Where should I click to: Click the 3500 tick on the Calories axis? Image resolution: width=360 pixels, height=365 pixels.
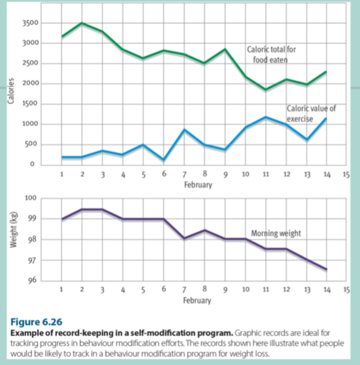[30, 23]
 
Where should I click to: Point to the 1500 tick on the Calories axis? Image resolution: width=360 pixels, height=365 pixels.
[30, 103]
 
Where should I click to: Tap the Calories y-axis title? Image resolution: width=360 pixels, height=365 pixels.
[11, 91]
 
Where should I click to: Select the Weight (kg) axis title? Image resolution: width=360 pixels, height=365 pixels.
[14, 229]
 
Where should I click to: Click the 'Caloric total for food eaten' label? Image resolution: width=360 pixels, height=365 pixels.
[271, 54]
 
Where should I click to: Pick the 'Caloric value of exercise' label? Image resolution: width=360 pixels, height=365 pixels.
[311, 113]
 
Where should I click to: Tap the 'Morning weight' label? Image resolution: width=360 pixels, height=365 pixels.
[276, 233]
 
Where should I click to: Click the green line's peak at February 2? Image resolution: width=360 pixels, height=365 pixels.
[82, 23]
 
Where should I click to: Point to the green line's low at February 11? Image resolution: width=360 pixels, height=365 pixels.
[266, 89]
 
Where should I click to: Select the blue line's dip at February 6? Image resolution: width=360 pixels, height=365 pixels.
[164, 160]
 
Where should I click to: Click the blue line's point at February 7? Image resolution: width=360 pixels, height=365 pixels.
[184, 130]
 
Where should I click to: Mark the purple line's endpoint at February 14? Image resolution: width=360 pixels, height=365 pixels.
[326, 269]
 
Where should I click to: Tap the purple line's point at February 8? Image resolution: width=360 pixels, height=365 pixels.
[205, 230]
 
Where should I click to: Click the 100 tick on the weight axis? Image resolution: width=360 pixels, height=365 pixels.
[30, 198]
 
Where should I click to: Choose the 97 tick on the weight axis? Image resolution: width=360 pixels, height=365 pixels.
[32, 260]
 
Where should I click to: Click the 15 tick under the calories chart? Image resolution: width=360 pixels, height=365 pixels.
[346, 174]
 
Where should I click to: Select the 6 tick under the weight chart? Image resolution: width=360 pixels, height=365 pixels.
[164, 289]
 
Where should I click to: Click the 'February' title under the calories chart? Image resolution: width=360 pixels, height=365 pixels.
[198, 185]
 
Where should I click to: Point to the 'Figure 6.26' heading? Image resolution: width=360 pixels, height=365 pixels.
[36, 322]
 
